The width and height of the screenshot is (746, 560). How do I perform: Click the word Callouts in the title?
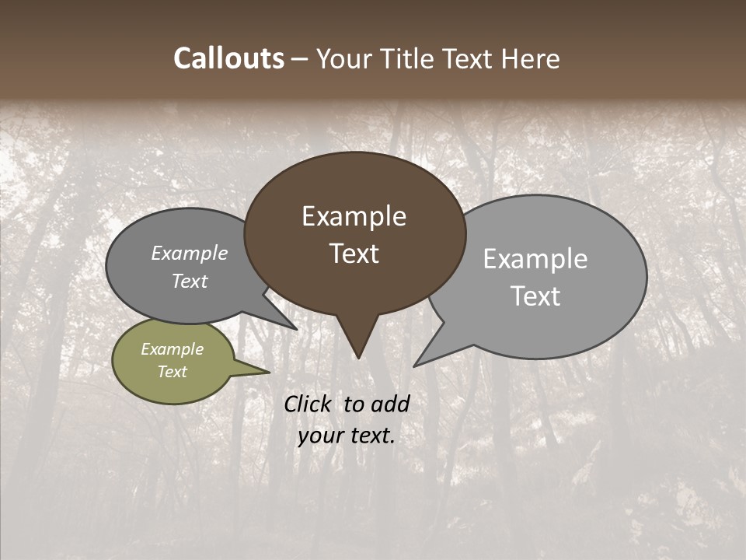point(228,59)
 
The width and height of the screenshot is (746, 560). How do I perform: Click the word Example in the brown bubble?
point(354,216)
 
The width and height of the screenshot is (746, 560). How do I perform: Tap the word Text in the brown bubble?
point(354,254)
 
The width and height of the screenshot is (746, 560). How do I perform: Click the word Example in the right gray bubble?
point(535,259)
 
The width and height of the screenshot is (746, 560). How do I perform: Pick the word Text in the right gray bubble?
point(536,296)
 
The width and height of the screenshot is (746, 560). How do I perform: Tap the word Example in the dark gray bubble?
point(190,254)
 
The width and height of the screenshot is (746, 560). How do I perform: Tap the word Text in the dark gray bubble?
point(190,282)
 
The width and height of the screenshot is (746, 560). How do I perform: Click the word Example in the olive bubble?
point(172,350)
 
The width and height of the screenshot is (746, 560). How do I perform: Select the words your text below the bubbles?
point(347,436)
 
